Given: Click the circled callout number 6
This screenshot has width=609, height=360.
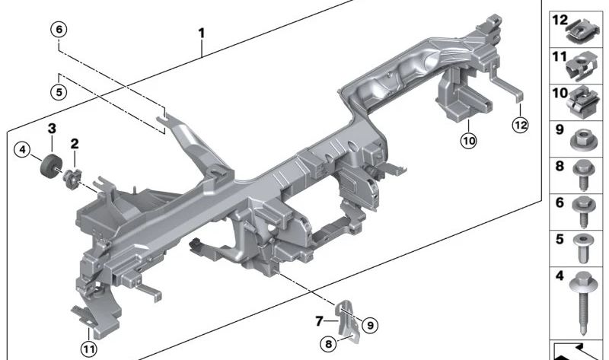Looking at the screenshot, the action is tap(59, 30).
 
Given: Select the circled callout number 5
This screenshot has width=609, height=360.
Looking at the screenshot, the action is tap(59, 92).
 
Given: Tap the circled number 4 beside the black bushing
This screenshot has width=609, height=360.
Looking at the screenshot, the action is tap(22, 149).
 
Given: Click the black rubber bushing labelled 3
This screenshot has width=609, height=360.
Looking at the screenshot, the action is tap(49, 166).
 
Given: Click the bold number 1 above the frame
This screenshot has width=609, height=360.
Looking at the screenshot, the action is tap(201, 33).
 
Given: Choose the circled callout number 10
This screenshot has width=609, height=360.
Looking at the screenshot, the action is tap(469, 141).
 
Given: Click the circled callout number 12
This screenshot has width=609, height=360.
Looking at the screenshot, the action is tap(520, 125).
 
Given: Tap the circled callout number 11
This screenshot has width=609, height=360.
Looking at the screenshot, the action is tap(89, 349).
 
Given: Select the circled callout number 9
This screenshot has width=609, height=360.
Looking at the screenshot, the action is tap(370, 325).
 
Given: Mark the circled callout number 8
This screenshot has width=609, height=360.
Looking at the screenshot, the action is tap(329, 344).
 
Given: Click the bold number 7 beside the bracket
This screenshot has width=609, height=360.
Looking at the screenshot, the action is tap(319, 321).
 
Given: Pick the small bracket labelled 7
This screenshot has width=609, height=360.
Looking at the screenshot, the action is tap(347, 321).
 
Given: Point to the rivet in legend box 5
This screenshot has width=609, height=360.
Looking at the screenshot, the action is tap(582, 248).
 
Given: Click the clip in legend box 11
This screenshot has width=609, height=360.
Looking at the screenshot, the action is tap(581, 66).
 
